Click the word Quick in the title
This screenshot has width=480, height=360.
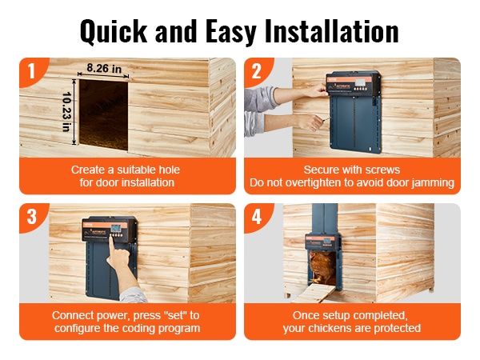[114, 32]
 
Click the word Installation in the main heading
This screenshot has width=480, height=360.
[332, 31]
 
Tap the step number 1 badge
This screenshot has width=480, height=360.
[31, 71]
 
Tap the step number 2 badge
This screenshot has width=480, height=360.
[256, 71]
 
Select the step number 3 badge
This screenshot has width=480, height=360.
[32, 217]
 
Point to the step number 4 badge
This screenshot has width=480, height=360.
[257, 217]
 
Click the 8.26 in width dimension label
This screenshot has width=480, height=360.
[104, 68]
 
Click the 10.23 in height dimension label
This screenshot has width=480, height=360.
[66, 112]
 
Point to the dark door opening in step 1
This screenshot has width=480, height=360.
[103, 114]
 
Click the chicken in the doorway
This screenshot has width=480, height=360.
[322, 267]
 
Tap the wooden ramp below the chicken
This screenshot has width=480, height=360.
[314, 293]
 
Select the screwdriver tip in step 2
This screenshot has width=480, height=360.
[329, 118]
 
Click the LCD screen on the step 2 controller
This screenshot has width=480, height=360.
[360, 82]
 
